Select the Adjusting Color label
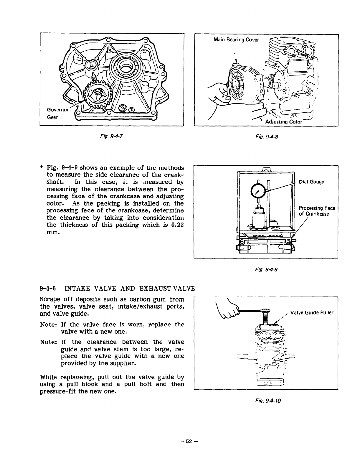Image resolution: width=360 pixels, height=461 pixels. tap(282, 122)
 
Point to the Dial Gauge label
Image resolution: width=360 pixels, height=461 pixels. tap(311, 182)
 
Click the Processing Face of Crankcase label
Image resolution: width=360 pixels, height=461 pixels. tap(317, 211)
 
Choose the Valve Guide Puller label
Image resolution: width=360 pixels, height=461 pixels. tap(312, 312)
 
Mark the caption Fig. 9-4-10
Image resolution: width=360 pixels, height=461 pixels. tap(266, 400)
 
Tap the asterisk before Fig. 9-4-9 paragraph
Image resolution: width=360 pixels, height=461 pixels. tap(42, 168)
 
